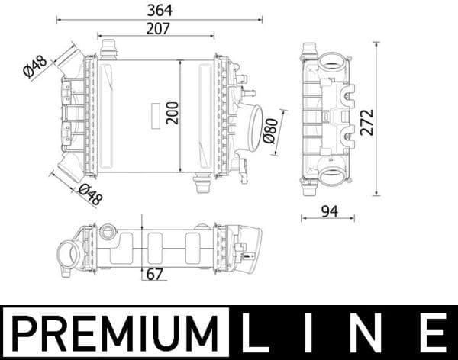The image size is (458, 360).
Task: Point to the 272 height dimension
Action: point(367,121)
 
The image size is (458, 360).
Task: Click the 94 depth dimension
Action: point(329,211)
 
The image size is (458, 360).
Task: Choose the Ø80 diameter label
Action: point(269,131)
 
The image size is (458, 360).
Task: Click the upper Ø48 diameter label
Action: point(36,66)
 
